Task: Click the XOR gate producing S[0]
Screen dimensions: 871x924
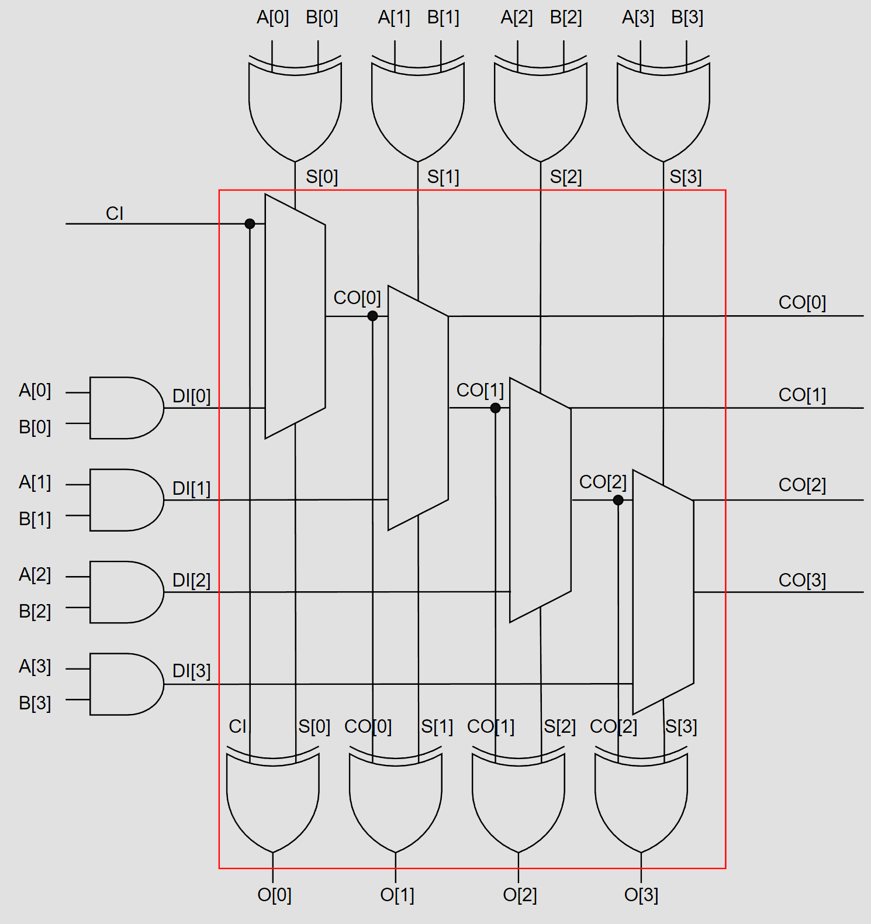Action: click(295, 108)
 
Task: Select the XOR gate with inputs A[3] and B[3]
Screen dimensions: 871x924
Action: click(663, 108)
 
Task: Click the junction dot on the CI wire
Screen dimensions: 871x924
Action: click(250, 223)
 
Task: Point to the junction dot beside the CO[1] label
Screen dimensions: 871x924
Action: click(495, 408)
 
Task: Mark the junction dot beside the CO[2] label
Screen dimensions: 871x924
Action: click(618, 500)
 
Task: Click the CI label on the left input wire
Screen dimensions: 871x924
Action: click(115, 213)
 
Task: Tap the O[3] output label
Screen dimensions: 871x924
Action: click(641, 895)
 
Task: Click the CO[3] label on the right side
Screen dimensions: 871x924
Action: click(802, 580)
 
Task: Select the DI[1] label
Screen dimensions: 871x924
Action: click(191, 488)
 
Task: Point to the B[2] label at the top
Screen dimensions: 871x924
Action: click(566, 18)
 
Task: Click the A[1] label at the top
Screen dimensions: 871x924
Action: click(394, 18)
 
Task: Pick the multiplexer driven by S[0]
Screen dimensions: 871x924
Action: click(295, 316)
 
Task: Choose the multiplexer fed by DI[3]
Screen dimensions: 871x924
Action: click(663, 592)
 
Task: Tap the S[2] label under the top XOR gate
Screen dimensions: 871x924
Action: click(566, 177)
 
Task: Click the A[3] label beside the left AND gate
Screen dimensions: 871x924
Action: click(35, 667)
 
